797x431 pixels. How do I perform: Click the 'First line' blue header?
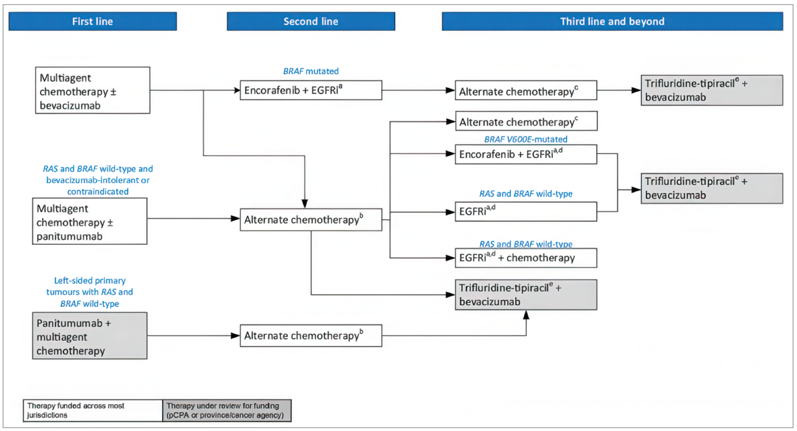click(x=92, y=21)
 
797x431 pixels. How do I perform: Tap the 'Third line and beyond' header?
click(x=612, y=21)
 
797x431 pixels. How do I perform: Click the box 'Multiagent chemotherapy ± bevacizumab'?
click(x=92, y=90)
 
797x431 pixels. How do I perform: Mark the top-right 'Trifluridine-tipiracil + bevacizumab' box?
click(x=712, y=90)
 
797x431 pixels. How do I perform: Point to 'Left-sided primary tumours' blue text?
click(x=90, y=281)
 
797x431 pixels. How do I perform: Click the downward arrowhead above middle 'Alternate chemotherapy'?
click(x=305, y=204)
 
